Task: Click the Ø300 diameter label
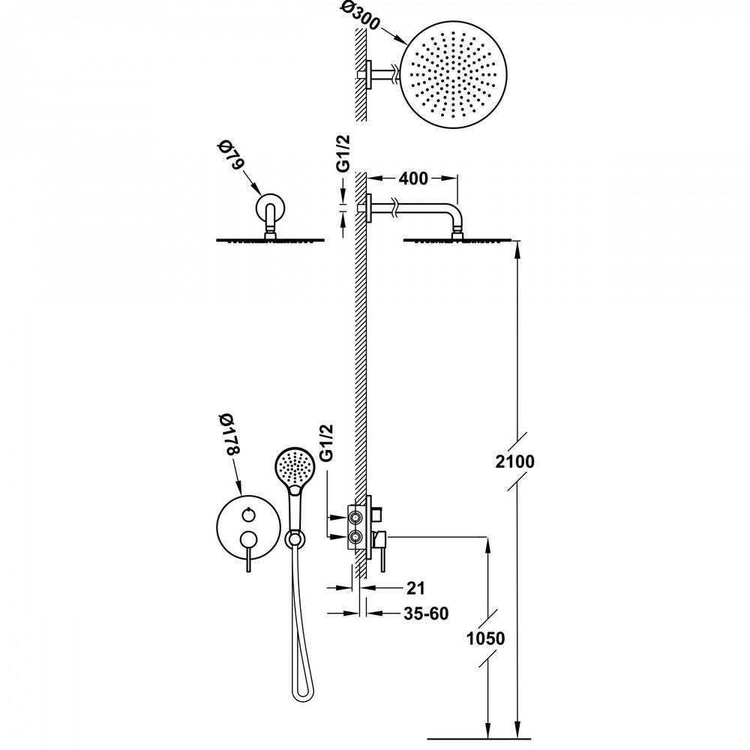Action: tap(361, 17)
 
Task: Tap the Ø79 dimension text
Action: tap(230, 155)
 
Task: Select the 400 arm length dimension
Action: tap(413, 178)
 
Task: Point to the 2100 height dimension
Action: tap(514, 461)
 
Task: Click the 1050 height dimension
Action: tap(485, 638)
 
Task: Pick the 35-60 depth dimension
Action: tap(426, 613)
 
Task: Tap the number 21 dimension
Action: tap(415, 588)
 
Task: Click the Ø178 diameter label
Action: tap(230, 433)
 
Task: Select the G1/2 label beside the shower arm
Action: tap(343, 152)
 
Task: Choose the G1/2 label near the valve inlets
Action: tap(327, 442)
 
